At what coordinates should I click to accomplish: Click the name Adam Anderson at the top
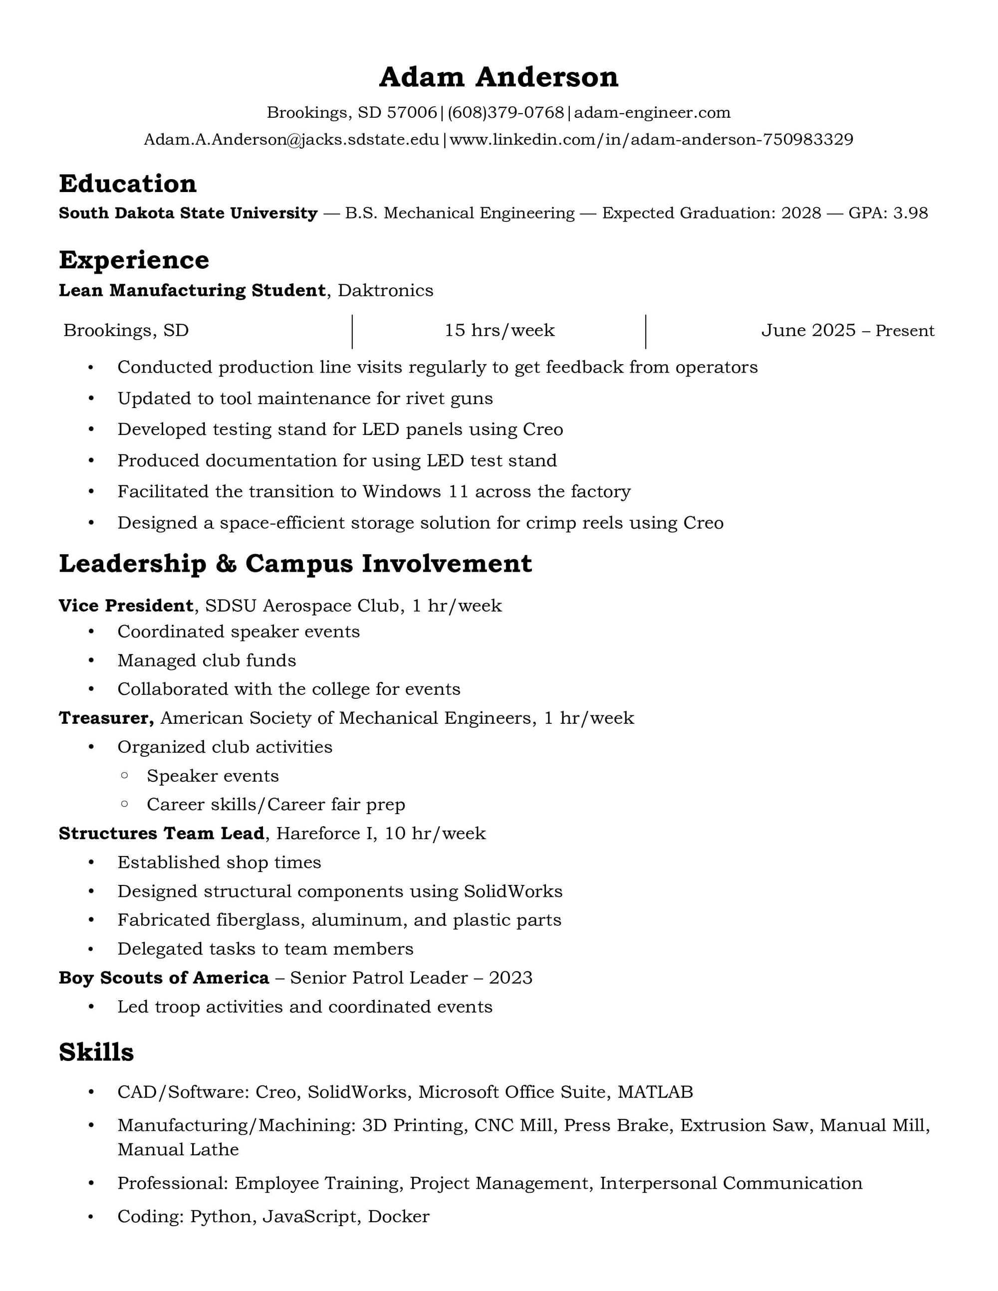(x=499, y=77)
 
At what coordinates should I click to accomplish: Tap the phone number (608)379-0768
(x=505, y=112)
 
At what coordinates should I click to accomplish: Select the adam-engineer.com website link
(x=652, y=112)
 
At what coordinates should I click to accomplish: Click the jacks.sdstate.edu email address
(x=291, y=140)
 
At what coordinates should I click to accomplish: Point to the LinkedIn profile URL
(x=651, y=140)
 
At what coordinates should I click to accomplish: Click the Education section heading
(x=128, y=184)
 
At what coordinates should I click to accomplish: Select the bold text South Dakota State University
(x=188, y=213)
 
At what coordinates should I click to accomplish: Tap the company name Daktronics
(x=386, y=290)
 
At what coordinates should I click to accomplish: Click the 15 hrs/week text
(x=499, y=330)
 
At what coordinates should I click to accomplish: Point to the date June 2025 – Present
(x=847, y=330)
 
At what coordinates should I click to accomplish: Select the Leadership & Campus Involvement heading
(x=295, y=563)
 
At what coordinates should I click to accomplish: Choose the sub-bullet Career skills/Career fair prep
(x=276, y=805)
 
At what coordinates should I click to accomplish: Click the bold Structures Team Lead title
(x=161, y=834)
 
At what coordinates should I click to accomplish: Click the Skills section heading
(x=96, y=1052)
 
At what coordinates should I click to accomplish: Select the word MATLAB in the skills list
(x=655, y=1092)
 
